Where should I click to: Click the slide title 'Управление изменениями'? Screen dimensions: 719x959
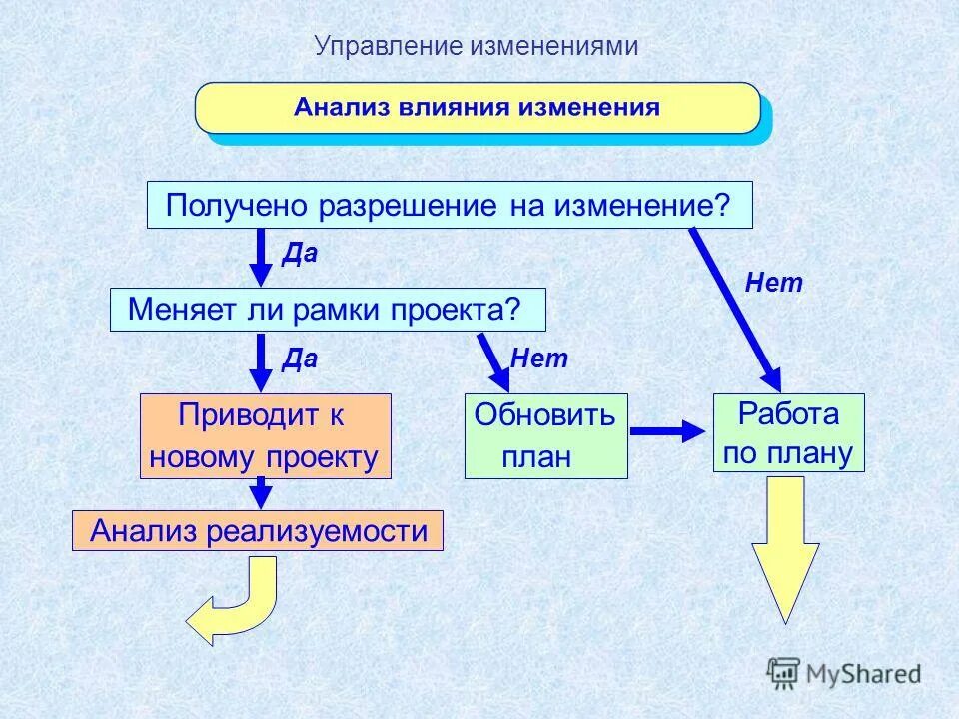(476, 47)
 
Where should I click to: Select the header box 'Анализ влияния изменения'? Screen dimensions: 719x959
(477, 108)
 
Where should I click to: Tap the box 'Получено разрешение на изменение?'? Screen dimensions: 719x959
(449, 206)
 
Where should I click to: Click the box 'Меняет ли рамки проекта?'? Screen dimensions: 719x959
(328, 310)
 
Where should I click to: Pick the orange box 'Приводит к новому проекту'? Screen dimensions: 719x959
(265, 436)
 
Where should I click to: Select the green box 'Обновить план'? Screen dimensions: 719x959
(545, 436)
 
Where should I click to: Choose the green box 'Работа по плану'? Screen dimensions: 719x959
(788, 433)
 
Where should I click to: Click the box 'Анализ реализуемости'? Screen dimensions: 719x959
(257, 531)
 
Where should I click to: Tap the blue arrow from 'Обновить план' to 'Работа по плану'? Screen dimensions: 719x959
(667, 431)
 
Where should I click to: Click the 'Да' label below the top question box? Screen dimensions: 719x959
(300, 254)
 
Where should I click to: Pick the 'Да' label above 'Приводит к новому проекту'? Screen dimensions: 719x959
(300, 359)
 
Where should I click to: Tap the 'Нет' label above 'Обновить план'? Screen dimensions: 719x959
(539, 359)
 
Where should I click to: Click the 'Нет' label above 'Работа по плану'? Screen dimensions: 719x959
(774, 284)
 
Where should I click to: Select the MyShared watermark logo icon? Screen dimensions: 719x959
(784, 671)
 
